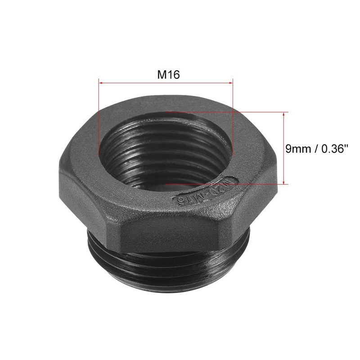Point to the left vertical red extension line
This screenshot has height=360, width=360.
tap(98, 117)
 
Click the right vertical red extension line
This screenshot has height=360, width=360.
tap(233, 117)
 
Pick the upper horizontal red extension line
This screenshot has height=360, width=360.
tap(225, 112)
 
